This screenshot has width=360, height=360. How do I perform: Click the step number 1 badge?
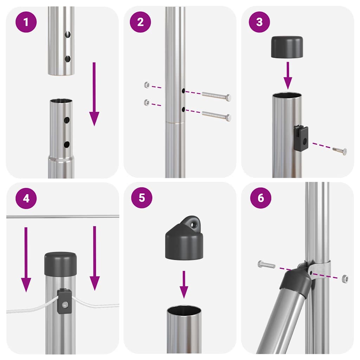(x=26, y=22)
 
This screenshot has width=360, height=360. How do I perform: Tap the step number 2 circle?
(x=141, y=22)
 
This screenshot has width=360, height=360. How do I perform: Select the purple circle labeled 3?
(x=259, y=22)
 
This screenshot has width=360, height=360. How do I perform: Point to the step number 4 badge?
(x=26, y=199)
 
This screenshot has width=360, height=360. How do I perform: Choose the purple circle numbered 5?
(x=142, y=198)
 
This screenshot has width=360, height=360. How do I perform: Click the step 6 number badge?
(x=261, y=198)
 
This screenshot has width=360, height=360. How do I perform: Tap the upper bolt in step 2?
(x=217, y=96)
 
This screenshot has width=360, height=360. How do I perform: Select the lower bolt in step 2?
(x=217, y=116)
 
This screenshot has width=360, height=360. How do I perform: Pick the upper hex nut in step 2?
(x=147, y=85)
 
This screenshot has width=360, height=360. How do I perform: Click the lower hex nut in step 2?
(x=147, y=103)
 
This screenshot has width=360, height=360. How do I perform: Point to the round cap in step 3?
(x=287, y=47)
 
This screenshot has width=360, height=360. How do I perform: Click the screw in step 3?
(x=340, y=150)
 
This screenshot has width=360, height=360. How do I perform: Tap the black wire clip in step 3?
(x=301, y=139)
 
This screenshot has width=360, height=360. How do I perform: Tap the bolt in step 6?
(x=266, y=264)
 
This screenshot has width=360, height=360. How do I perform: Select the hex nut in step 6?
(x=345, y=279)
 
